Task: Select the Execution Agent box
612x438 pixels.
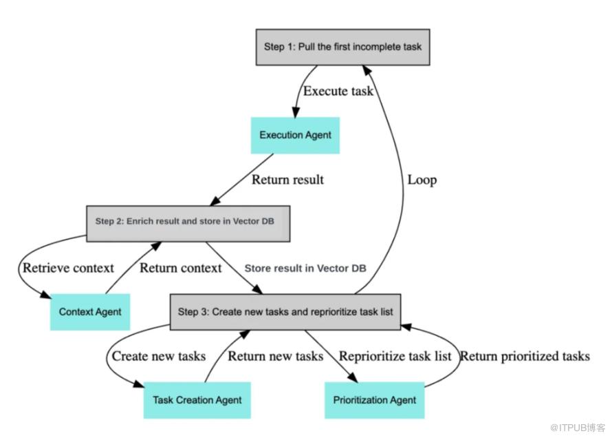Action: click(x=295, y=135)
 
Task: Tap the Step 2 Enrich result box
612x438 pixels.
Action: click(x=188, y=223)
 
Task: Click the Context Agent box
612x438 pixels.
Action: click(x=90, y=311)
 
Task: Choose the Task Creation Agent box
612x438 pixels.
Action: click(x=197, y=399)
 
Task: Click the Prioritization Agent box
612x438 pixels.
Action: click(x=375, y=399)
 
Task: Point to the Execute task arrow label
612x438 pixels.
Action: click(x=339, y=91)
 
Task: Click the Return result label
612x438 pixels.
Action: click(x=287, y=180)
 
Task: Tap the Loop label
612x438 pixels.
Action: click(x=422, y=180)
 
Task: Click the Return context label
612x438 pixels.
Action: click(x=181, y=268)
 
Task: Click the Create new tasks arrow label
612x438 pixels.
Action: click(x=159, y=356)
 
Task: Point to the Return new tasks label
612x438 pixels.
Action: click(x=275, y=356)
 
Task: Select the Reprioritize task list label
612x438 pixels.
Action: click(x=395, y=356)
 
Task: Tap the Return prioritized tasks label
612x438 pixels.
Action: click(x=525, y=356)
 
